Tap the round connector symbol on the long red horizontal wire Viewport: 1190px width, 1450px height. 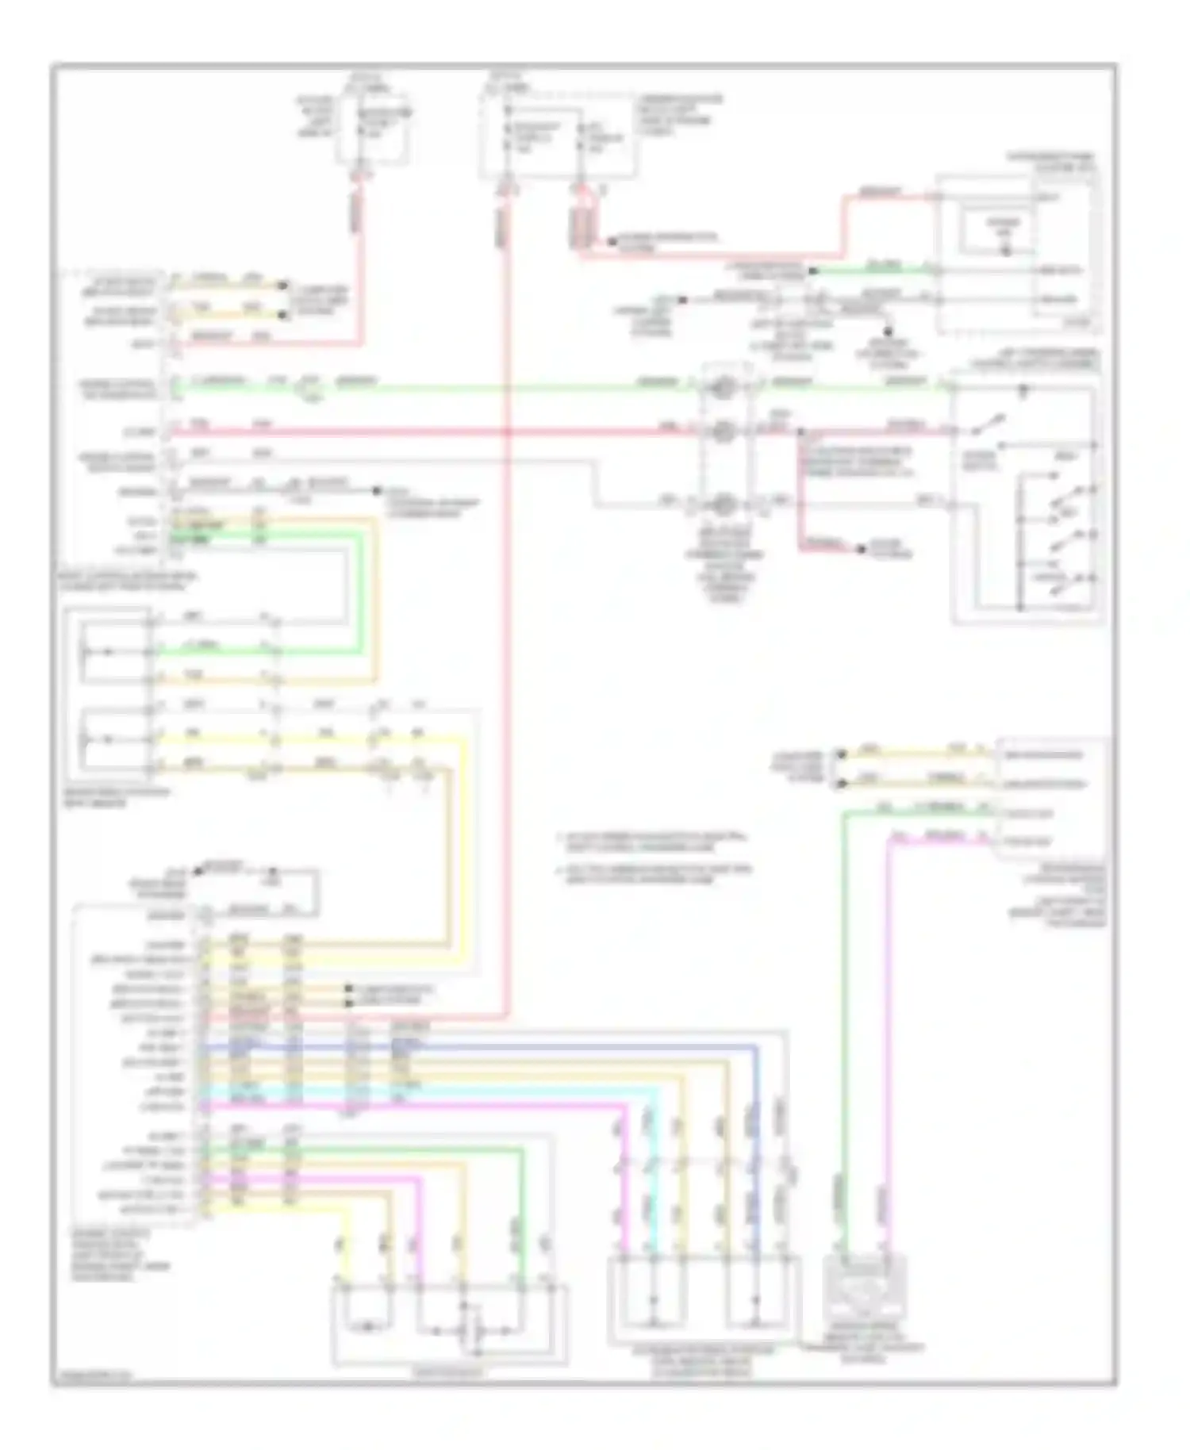tap(722, 432)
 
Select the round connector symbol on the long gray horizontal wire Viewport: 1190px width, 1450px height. tap(722, 504)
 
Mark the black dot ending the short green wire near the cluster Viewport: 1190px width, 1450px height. tap(812, 271)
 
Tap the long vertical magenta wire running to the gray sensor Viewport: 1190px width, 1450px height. tap(887, 1031)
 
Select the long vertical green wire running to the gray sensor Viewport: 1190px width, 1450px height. tap(843, 1031)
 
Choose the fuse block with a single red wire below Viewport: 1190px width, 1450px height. tap(373, 127)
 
